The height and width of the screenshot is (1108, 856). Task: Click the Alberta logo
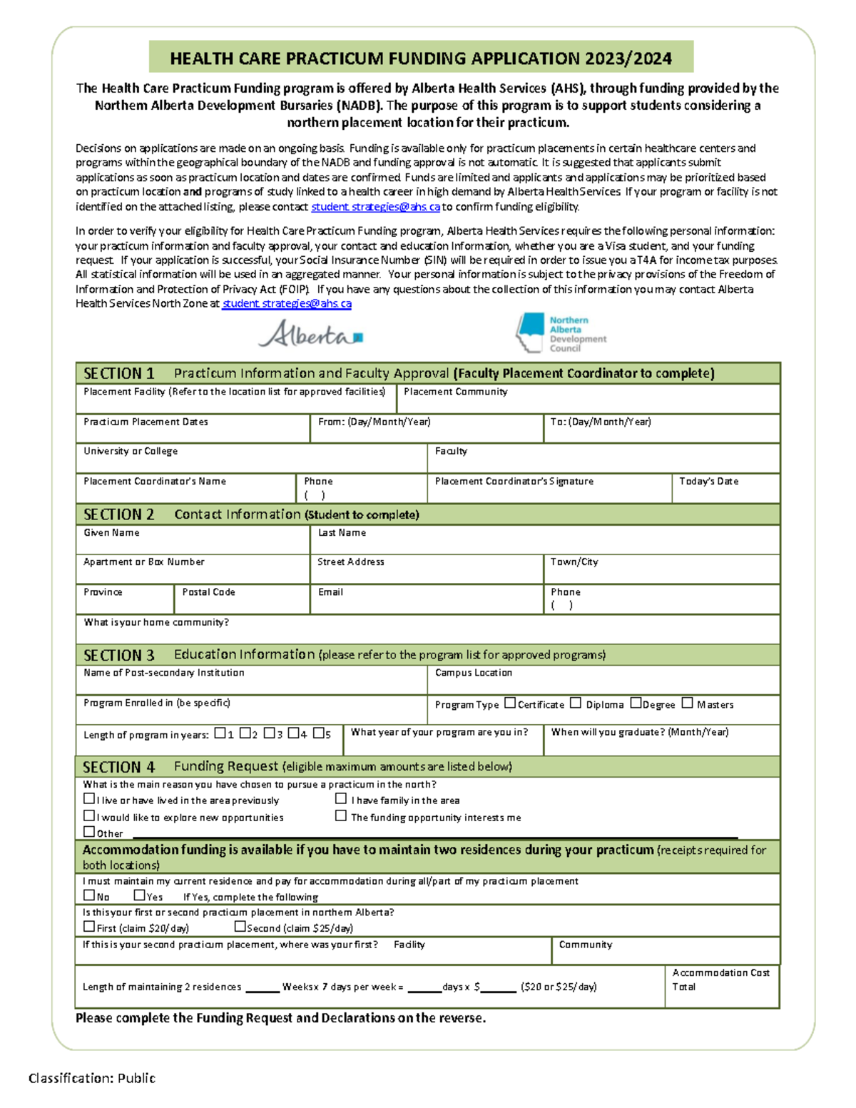click(310, 334)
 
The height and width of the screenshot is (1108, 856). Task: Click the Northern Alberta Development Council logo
click(561, 333)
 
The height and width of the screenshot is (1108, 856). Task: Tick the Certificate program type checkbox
click(510, 703)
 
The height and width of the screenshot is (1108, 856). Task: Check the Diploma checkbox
click(576, 703)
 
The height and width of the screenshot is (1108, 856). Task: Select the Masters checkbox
click(687, 703)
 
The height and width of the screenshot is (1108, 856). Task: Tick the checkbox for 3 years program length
click(269, 733)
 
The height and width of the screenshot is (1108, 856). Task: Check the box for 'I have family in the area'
click(341, 799)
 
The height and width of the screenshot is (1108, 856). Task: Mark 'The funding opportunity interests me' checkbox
click(341, 815)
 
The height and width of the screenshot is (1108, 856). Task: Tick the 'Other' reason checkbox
click(89, 831)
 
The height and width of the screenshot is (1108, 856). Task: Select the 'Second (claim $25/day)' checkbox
click(240, 927)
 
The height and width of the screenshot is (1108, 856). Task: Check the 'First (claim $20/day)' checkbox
click(89, 927)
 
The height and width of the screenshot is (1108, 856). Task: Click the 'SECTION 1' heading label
click(118, 373)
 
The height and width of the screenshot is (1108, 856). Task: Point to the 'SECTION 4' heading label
click(118, 767)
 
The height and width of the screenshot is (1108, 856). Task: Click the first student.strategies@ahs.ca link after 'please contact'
click(375, 207)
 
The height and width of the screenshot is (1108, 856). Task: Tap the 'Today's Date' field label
click(708, 482)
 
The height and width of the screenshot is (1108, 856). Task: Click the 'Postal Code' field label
click(208, 592)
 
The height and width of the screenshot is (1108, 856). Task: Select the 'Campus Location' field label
click(473, 673)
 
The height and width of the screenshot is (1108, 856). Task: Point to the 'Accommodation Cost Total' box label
click(720, 980)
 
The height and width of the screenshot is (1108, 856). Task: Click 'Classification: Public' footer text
click(92, 1078)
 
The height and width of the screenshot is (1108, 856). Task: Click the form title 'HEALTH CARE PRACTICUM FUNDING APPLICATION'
click(421, 59)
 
